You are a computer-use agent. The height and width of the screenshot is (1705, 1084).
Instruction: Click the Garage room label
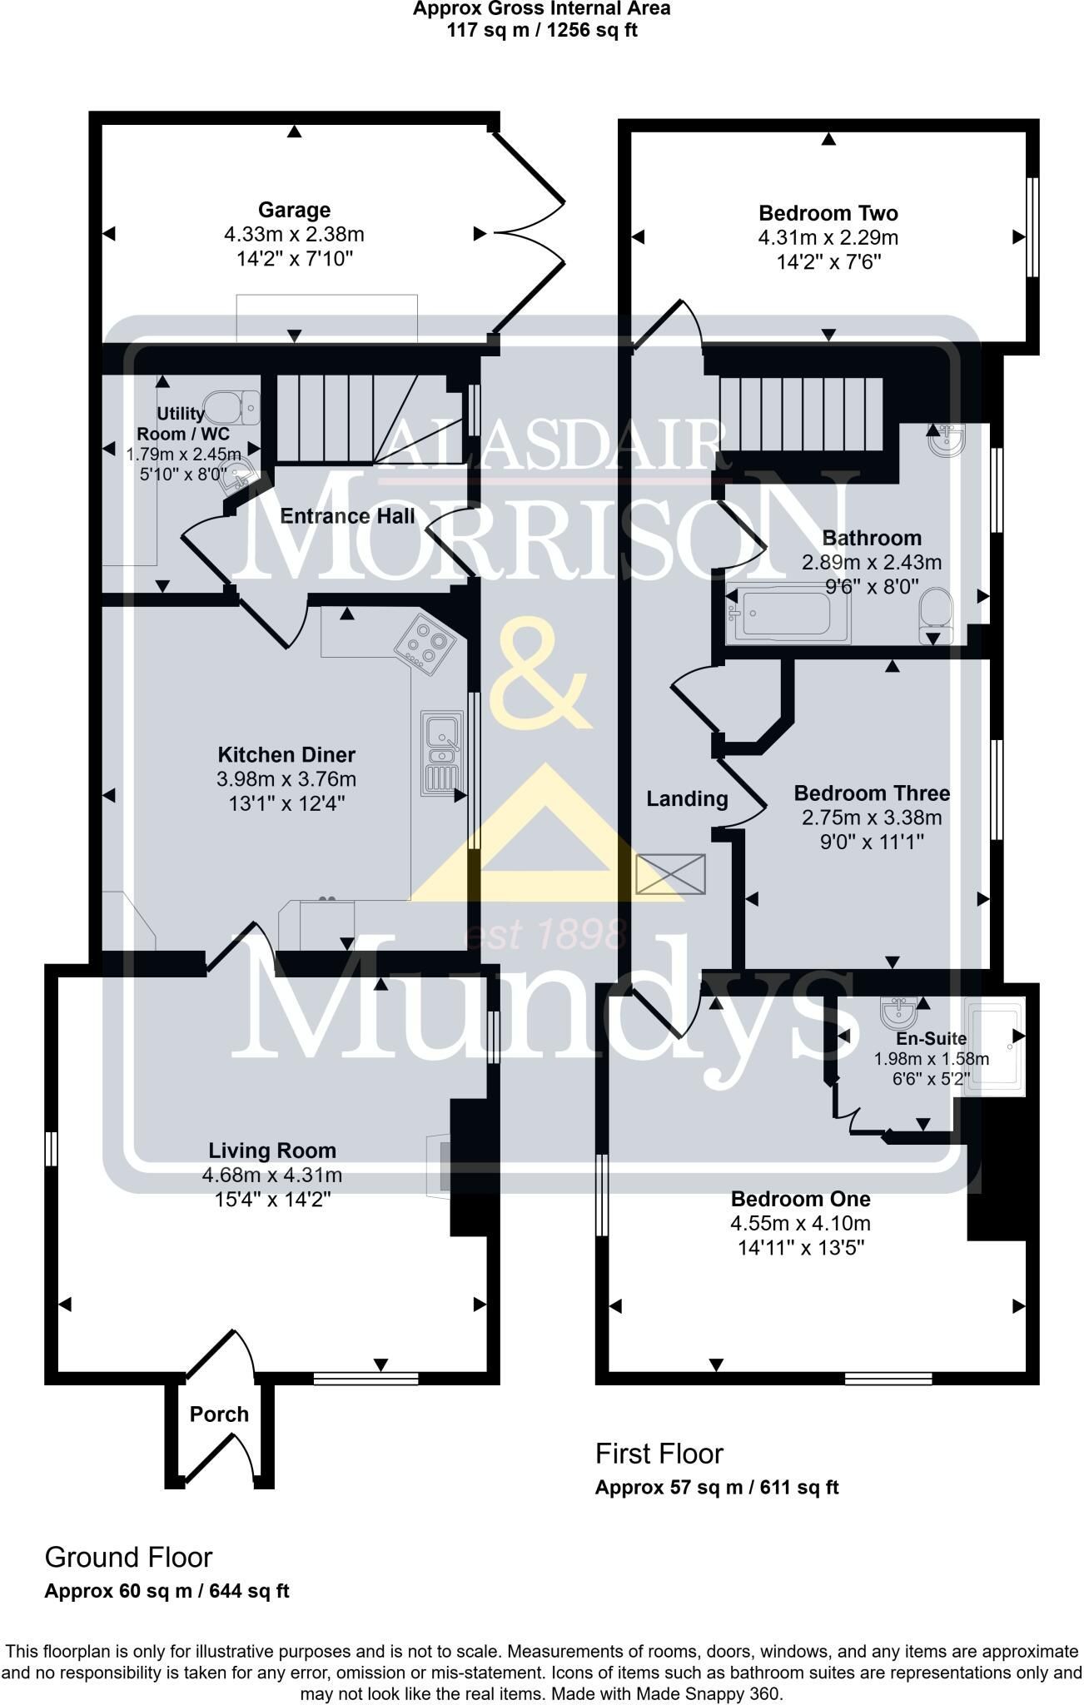pos(294,210)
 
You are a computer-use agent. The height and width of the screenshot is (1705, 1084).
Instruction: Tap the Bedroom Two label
pos(828,213)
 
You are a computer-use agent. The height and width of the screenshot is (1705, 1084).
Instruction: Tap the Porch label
pos(219,1414)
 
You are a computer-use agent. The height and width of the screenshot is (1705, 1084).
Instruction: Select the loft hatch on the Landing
pos(670,874)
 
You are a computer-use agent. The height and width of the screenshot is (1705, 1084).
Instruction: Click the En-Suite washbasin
pos(900,1012)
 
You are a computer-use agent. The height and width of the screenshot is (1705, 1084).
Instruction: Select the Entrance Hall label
pos(347,516)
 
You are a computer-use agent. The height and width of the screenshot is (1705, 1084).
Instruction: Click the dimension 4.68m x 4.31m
pos(272,1176)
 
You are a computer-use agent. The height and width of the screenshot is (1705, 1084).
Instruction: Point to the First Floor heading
pos(659,1454)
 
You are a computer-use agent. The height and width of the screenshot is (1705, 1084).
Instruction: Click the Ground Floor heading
pos(128,1558)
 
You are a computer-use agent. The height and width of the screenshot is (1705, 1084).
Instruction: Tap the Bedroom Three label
pos(872,793)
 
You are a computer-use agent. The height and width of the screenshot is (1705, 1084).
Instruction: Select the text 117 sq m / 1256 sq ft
pos(542,31)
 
